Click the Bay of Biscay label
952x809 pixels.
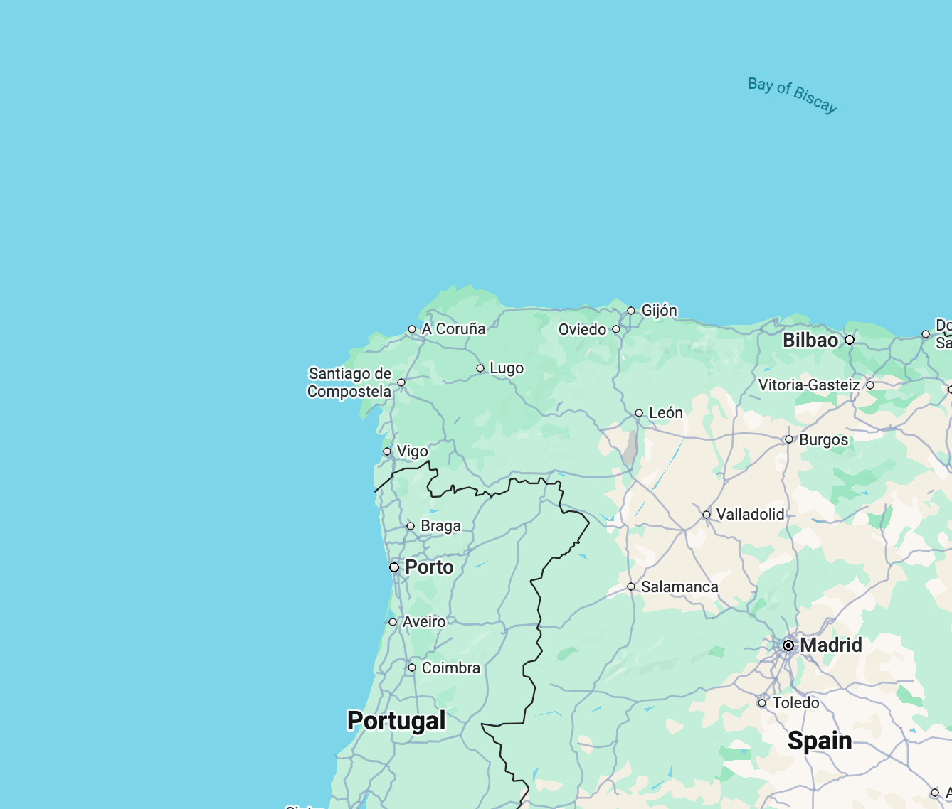point(792,95)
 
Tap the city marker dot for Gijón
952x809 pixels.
point(631,311)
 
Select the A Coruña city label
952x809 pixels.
point(453,329)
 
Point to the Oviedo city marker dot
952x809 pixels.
point(616,329)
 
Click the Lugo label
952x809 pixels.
point(507,368)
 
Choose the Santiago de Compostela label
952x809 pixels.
point(349,382)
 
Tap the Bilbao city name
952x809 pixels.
point(810,341)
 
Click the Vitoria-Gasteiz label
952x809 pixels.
point(809,385)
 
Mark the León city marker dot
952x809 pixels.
point(639,413)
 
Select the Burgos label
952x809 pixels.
point(823,440)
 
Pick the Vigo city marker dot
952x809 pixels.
point(387,451)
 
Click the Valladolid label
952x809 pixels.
point(750,515)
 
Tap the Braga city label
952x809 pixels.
point(440,526)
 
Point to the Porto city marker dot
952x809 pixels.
point(394,567)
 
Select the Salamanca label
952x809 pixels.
point(679,587)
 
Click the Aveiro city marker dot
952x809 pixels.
point(393,622)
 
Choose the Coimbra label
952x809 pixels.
point(450,668)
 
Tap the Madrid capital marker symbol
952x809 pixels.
point(788,645)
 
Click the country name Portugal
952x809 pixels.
point(396,721)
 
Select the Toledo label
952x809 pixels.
point(795,703)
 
